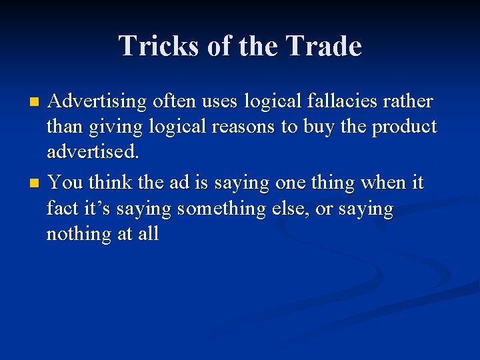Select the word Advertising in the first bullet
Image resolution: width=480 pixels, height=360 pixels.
98,102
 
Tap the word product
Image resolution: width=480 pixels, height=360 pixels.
402,127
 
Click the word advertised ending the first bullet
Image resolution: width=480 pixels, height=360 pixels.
93,152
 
